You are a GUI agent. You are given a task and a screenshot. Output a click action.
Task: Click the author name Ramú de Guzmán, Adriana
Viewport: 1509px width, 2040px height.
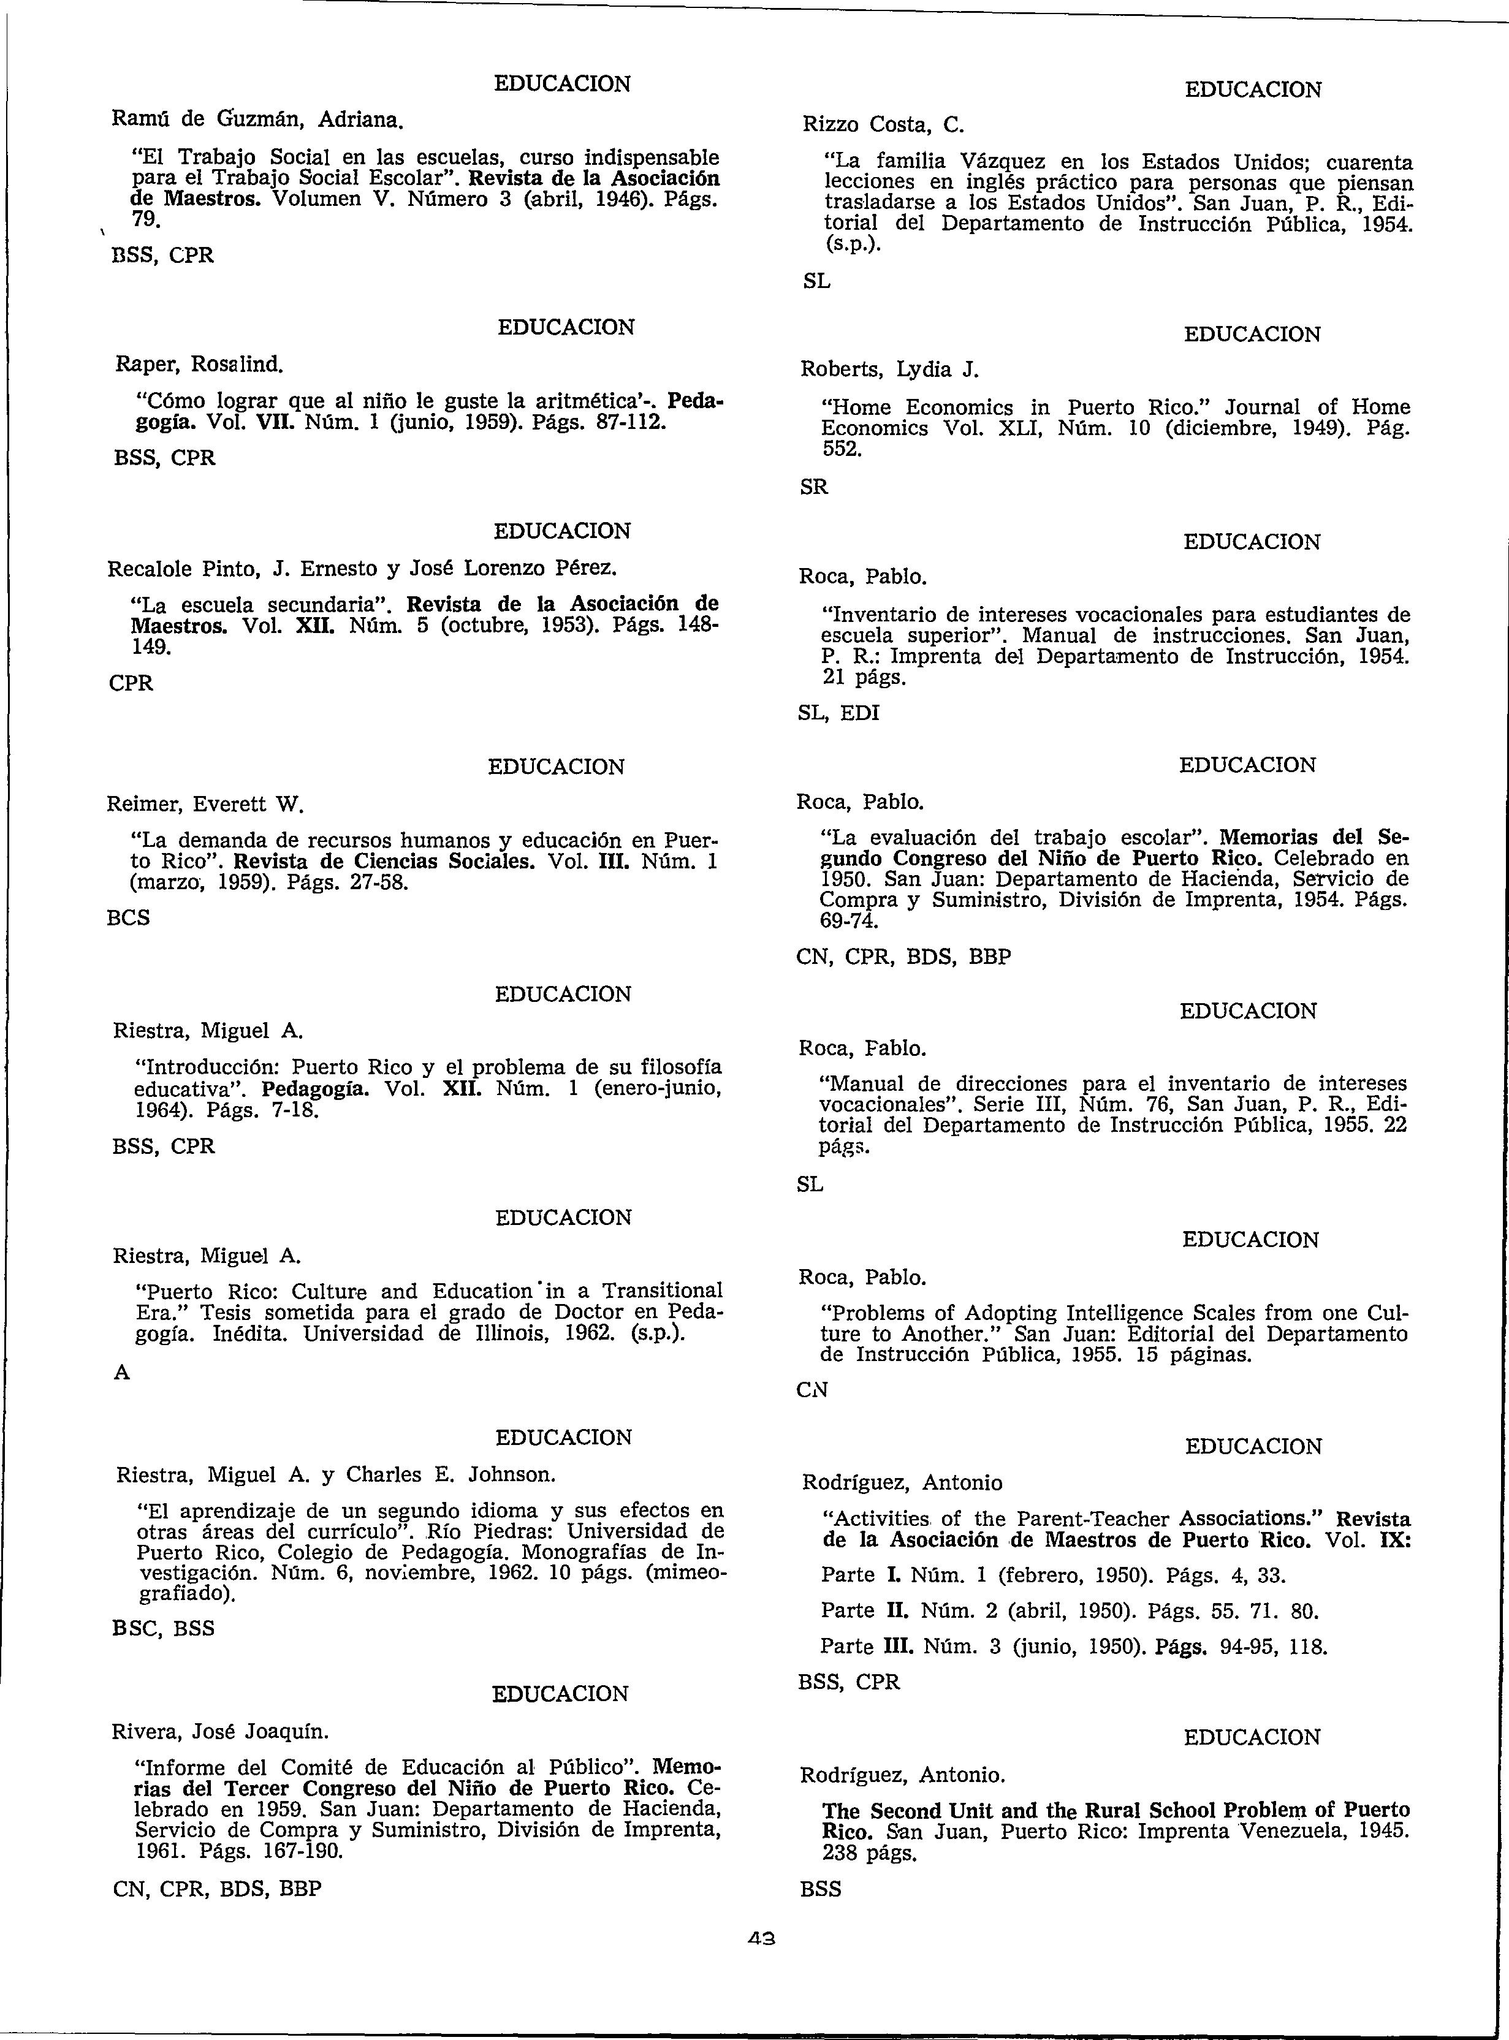pos(256,119)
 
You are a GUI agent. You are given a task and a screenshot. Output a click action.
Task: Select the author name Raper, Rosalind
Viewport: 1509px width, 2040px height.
pos(199,365)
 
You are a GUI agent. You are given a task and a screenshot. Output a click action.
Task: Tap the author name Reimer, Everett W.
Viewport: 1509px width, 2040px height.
pos(205,805)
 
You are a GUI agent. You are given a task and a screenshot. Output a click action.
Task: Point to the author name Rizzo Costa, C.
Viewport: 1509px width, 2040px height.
pos(877,124)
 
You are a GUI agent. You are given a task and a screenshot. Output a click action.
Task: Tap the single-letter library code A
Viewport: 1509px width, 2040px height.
pos(121,1373)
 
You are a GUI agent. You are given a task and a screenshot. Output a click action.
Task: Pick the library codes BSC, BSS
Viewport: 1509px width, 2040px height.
pos(162,1628)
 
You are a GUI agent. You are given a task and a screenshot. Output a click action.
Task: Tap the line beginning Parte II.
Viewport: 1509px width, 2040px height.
pos(1070,1611)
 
